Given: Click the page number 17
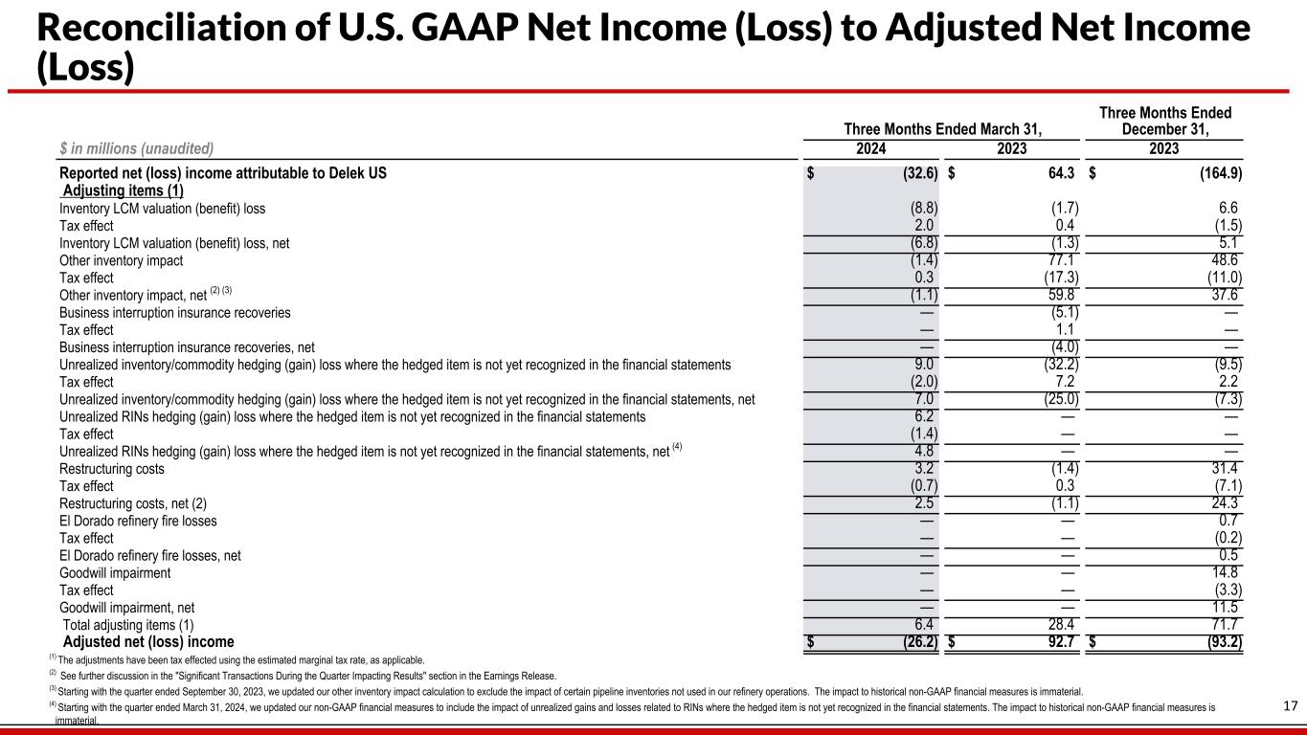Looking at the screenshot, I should [x=1289, y=706].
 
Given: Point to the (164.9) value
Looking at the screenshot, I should [x=1215, y=174].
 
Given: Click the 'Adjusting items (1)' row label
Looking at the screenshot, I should [x=123, y=190].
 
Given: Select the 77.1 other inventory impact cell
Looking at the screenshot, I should [x=1061, y=260].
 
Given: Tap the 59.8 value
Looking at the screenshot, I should [x=1061, y=295].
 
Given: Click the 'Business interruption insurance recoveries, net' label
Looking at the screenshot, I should [x=187, y=347].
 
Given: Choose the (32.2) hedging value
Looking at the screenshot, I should [x=1057, y=365].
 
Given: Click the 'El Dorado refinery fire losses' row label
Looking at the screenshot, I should [x=138, y=521].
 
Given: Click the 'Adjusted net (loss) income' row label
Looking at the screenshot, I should [x=148, y=642].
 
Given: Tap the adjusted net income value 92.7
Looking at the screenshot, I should [x=1057, y=642].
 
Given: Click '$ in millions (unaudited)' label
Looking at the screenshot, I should [x=136, y=148].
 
